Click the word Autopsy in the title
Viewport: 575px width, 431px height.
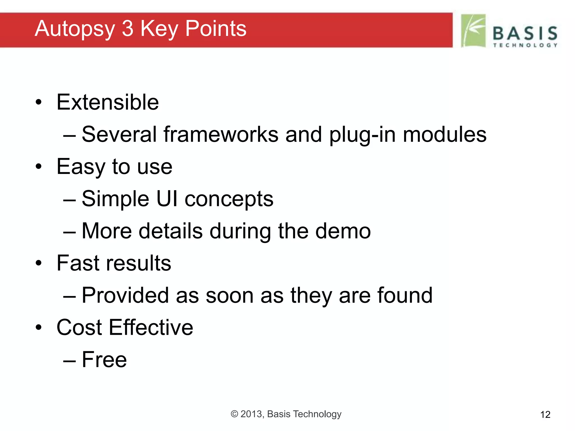tap(75, 29)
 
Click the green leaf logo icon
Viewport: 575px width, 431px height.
tap(473, 31)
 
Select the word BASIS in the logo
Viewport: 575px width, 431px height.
tap(525, 33)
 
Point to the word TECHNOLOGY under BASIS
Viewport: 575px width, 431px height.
tap(525, 45)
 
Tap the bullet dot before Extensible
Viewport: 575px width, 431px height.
tap(39, 102)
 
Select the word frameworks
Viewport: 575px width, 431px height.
tap(221, 134)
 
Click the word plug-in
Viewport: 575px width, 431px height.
tap(362, 135)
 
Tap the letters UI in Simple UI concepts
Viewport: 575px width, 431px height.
tap(167, 199)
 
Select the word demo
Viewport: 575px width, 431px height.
tap(343, 231)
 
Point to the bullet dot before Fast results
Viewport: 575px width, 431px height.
tap(39, 263)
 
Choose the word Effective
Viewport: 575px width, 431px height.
tap(151, 327)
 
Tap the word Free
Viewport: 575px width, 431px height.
tap(104, 360)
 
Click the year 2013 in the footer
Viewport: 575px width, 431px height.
tap(252, 414)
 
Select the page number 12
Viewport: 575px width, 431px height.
tap(545, 414)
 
